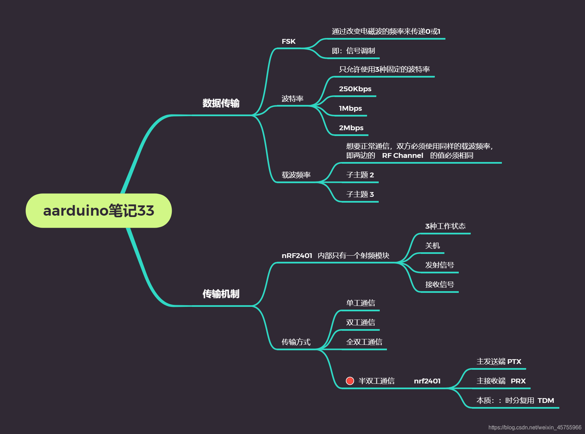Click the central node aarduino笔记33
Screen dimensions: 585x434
[99, 211]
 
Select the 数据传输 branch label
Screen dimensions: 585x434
[221, 103]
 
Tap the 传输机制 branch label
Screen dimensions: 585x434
[221, 294]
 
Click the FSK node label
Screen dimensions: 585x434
[288, 42]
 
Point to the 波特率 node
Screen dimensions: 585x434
[292, 99]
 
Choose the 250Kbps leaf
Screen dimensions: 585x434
[355, 89]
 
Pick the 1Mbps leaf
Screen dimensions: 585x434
[350, 108]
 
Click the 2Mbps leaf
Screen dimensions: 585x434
[351, 128]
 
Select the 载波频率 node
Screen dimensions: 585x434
[296, 175]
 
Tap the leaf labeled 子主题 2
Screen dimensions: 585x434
[360, 175]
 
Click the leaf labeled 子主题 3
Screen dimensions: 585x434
[360, 194]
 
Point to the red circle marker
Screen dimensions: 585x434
[350, 381]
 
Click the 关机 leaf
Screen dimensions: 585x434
[432, 246]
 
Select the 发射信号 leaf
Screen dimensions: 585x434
[440, 265]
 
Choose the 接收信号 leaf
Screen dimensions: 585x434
[440, 285]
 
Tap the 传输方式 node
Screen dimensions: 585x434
[296, 342]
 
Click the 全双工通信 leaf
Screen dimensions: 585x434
[364, 342]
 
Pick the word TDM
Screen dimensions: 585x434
[546, 401]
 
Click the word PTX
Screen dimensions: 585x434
[514, 362]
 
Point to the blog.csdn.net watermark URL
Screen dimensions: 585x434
[535, 428]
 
